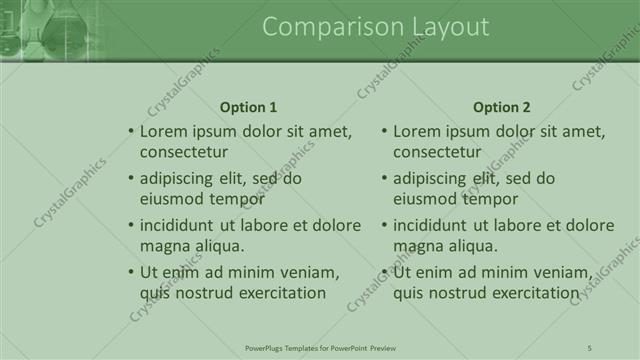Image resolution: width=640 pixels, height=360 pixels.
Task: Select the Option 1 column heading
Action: click(248, 107)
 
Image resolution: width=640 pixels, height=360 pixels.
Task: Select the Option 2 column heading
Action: click(502, 107)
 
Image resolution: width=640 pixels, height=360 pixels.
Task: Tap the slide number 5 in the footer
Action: click(590, 347)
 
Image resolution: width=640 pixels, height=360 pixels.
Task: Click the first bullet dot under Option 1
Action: click(130, 131)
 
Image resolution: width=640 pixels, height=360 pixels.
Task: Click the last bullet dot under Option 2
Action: click(384, 272)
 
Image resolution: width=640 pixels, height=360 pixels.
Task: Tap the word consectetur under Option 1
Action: click(184, 153)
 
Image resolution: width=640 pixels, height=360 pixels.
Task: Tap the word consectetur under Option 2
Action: click(437, 153)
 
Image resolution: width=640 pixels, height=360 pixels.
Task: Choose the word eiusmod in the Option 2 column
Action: click(424, 199)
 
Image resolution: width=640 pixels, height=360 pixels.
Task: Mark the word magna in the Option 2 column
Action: click(415, 246)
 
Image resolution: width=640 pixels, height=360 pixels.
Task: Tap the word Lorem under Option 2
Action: click(415, 131)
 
